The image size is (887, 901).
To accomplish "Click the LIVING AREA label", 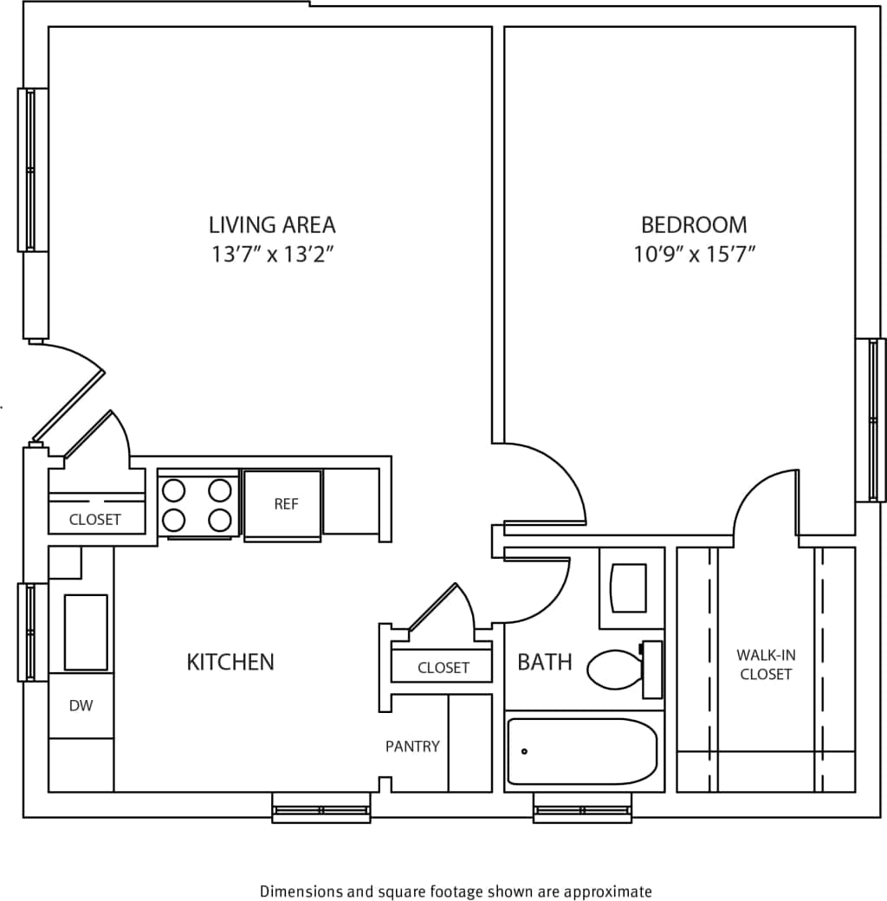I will (272, 225).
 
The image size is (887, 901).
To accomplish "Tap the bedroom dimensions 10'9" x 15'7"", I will (695, 255).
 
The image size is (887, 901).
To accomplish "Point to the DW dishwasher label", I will (81, 706).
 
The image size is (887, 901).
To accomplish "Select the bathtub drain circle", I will (525, 751).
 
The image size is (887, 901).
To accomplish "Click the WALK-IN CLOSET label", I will (766, 664).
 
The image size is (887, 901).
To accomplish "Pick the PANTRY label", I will (412, 746).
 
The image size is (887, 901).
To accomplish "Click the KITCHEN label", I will (230, 663).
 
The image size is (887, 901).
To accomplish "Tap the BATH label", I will (545, 663).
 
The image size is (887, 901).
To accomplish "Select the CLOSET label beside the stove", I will (95, 521).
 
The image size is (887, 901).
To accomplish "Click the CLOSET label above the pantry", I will (443, 668).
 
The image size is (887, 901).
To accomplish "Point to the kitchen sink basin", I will (86, 632).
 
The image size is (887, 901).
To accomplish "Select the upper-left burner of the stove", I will (174, 490).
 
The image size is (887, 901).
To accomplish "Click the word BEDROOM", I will (694, 225).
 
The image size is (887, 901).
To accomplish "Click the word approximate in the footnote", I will (610, 891).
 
